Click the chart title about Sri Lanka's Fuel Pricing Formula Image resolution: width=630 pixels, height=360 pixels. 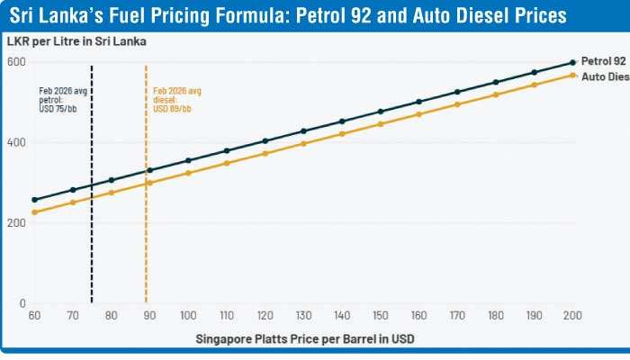(x=289, y=16)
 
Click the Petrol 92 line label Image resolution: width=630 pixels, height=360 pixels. (x=603, y=61)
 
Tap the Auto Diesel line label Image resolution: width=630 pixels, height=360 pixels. (x=604, y=77)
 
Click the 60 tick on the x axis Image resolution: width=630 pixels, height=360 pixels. (x=34, y=316)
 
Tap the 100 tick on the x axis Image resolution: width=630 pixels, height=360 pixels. (x=188, y=316)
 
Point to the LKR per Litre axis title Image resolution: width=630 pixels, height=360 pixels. (x=76, y=42)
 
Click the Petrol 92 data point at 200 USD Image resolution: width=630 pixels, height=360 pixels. (x=573, y=62)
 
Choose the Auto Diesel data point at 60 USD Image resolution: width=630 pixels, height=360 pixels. (x=34, y=212)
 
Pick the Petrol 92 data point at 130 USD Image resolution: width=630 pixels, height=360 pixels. (x=303, y=131)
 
